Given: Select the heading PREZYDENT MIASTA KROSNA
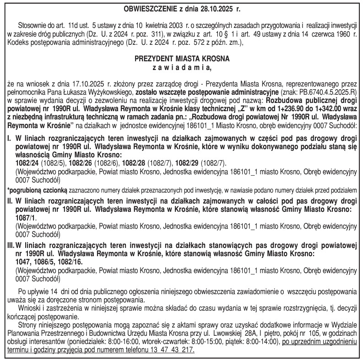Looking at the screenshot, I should pyautogui.click(x=181, y=59).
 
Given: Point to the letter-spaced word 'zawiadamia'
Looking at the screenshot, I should pyautogui.click(x=182, y=68).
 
